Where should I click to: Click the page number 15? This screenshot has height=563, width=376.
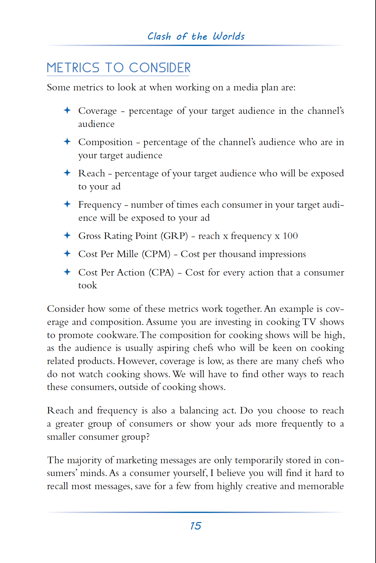click(x=196, y=526)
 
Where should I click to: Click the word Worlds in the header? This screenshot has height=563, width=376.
click(x=229, y=36)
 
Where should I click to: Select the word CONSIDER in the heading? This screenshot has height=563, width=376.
click(x=160, y=68)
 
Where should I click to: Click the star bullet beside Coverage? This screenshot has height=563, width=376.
click(x=67, y=110)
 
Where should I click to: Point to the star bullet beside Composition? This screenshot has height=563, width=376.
click(x=67, y=141)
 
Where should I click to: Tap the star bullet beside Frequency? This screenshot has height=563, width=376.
click(x=67, y=204)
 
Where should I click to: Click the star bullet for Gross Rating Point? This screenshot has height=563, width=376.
click(x=67, y=235)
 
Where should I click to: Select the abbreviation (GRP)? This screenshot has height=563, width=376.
click(x=174, y=236)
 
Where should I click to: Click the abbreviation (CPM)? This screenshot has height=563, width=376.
click(x=156, y=254)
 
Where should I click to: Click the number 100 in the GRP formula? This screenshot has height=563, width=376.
click(x=290, y=236)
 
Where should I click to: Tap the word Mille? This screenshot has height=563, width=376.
click(x=128, y=254)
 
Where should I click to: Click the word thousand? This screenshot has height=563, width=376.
click(x=237, y=254)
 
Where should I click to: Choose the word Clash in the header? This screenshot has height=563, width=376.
click(x=159, y=36)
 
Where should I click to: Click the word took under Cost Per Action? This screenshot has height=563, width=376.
click(x=88, y=285)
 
